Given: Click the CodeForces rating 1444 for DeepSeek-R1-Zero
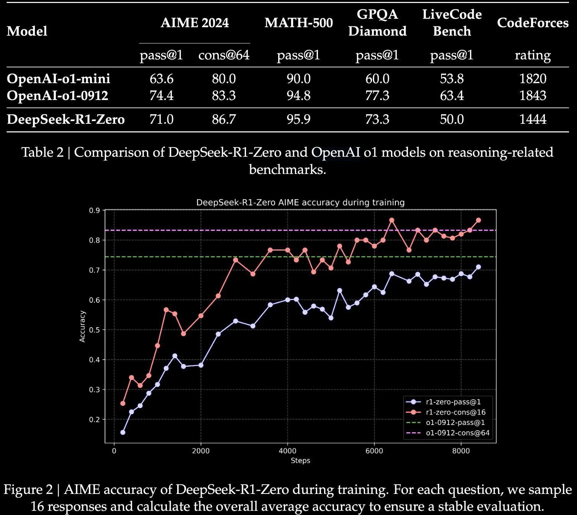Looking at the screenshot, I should [x=533, y=119].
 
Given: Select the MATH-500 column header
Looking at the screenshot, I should [x=298, y=23].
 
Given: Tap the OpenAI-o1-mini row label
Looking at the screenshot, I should [x=59, y=79].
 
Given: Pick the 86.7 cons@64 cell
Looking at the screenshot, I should [x=224, y=119].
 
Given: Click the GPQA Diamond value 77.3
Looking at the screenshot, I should [x=377, y=95].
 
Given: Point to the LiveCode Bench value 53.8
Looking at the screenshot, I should [x=451, y=79].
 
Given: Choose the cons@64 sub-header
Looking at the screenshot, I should [x=224, y=55].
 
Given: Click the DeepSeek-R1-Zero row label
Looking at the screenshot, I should [x=66, y=119].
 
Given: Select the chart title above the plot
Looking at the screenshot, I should [x=300, y=202].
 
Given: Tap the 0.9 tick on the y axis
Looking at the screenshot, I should [x=94, y=210].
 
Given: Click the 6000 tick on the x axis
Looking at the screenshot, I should [x=374, y=451].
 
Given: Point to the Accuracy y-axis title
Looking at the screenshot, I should [x=82, y=326].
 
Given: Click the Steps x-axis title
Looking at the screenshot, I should [x=300, y=461].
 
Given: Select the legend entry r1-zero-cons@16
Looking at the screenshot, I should [x=455, y=412].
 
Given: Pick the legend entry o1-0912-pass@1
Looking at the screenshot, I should [x=455, y=423].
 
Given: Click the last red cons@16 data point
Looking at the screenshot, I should [x=478, y=220].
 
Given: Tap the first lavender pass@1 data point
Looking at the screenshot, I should [x=123, y=432].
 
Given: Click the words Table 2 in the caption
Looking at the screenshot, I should [x=42, y=153].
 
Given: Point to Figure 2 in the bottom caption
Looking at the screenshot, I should [x=28, y=490].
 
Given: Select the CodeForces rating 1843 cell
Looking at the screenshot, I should [x=533, y=95].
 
